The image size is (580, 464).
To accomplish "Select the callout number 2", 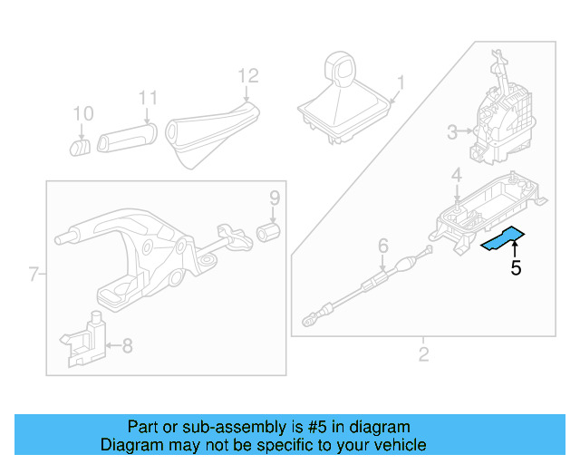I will pyautogui.click(x=423, y=353).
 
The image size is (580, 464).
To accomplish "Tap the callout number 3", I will pyautogui.click(x=452, y=133).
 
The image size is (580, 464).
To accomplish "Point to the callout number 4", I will pyautogui.click(x=458, y=174).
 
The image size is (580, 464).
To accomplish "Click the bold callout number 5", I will pyautogui.click(x=516, y=268).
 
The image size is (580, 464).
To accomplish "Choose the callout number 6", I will pyautogui.click(x=382, y=245).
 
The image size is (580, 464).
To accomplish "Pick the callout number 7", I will pyautogui.click(x=34, y=274).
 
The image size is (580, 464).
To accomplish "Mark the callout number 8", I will pyautogui.click(x=127, y=345).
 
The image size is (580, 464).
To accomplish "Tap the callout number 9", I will pyautogui.click(x=274, y=198).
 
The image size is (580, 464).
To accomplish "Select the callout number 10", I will pyautogui.click(x=82, y=114).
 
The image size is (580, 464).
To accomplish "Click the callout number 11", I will pyautogui.click(x=148, y=98).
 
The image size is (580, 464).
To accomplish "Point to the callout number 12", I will pyautogui.click(x=247, y=75).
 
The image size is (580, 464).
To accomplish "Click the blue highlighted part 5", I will pyautogui.click(x=502, y=239).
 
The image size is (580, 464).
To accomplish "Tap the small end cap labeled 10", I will pyautogui.click(x=81, y=145).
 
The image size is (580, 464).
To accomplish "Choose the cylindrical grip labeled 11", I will pyautogui.click(x=127, y=139).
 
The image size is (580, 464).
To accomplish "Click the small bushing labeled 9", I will pyautogui.click(x=269, y=233).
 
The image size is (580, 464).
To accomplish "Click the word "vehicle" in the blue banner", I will pyautogui.click(x=394, y=445).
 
